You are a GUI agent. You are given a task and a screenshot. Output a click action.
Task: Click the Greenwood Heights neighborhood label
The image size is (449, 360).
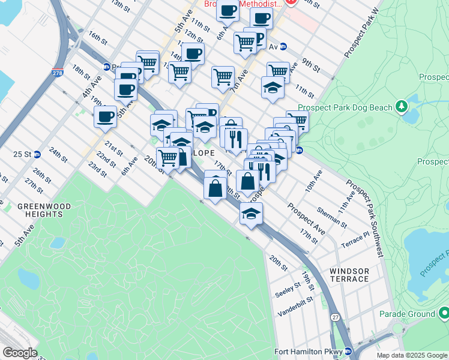tap(44, 209)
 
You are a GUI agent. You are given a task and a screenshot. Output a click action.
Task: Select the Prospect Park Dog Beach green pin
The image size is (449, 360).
tap(402, 107)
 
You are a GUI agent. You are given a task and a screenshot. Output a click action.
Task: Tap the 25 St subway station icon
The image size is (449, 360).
tap(37, 154)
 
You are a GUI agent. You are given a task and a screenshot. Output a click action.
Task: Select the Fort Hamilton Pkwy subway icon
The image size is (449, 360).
tap(348, 352)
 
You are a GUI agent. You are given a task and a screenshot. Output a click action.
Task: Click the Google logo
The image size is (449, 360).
tap(20, 353)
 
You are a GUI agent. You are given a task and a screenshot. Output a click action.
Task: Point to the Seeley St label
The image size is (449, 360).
tap(286, 290)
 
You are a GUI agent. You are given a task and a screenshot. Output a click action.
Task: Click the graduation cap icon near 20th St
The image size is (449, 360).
tap(252, 213)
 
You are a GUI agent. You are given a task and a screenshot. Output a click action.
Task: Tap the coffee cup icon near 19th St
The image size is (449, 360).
tap(105, 116)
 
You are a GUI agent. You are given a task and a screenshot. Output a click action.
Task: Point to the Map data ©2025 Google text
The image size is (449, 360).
tap(412, 355)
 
